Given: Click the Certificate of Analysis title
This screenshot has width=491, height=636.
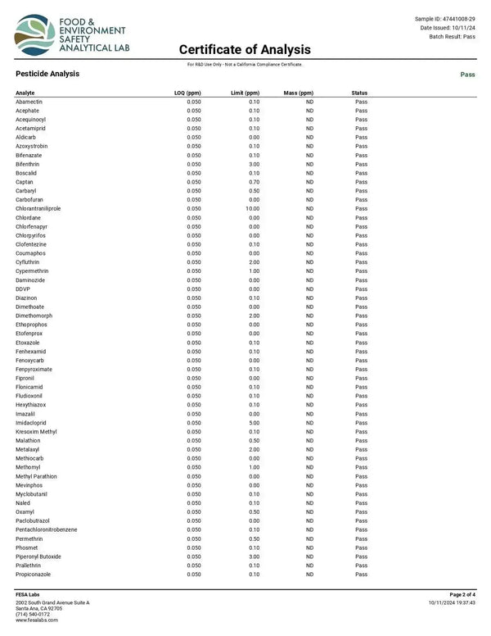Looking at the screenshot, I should pos(245,50).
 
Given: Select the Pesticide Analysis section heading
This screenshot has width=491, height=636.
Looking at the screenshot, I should pos(47,74).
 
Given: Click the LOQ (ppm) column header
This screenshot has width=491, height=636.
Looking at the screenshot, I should pos(188,93).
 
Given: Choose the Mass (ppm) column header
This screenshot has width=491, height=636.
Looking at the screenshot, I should pos(299,93).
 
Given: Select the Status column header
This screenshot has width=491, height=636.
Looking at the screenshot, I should pos(359,93).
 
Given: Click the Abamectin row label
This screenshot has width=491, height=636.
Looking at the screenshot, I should pos(29,102).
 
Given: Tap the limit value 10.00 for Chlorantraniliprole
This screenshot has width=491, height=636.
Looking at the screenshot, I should pos(252,209).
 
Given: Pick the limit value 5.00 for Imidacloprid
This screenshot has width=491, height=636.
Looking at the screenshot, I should pos(254,423).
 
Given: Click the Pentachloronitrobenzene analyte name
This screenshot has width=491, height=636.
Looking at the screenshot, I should pos(47,529).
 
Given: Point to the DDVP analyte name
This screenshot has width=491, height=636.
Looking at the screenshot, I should pos(23,289).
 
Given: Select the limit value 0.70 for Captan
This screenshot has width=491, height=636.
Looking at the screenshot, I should pos(254,182).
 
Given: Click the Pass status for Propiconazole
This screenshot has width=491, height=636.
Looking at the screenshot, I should pos(361,575).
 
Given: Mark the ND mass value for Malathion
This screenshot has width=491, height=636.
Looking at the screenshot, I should pos(310,440).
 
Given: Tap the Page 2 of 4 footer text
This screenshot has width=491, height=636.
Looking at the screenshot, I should pos(462,594).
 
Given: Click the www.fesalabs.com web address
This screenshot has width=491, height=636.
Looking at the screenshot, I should pos(37,620).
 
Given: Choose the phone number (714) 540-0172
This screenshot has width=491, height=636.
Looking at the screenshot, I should pos(33,614).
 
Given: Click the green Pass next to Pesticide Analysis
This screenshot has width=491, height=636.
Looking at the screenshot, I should pos(468,74).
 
